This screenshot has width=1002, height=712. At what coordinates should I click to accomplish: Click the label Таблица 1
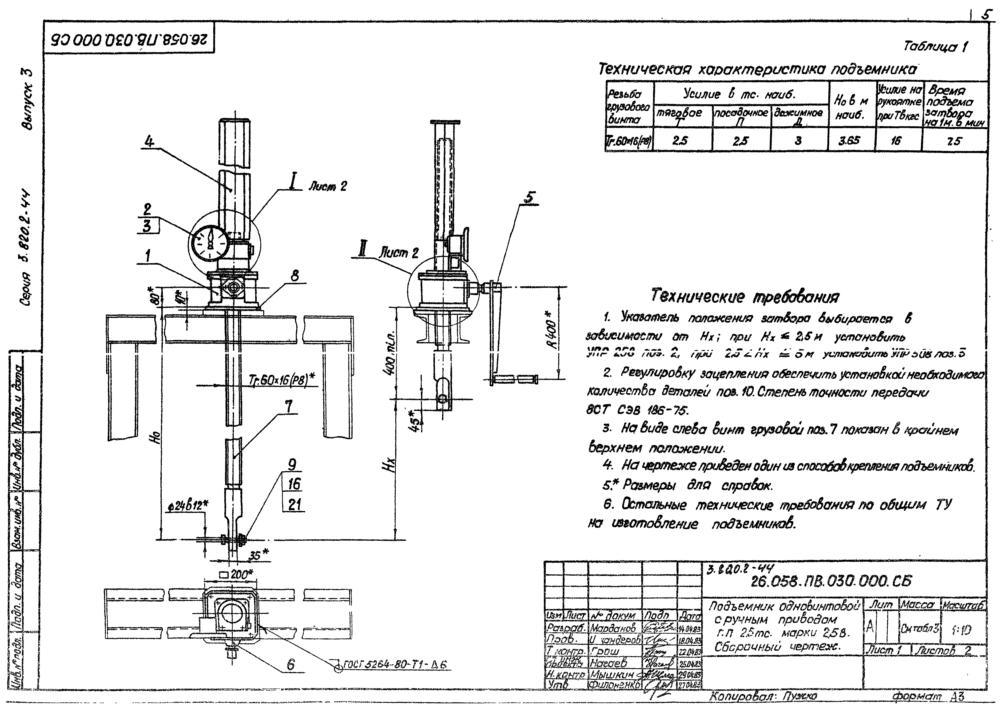click(x=935, y=46)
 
